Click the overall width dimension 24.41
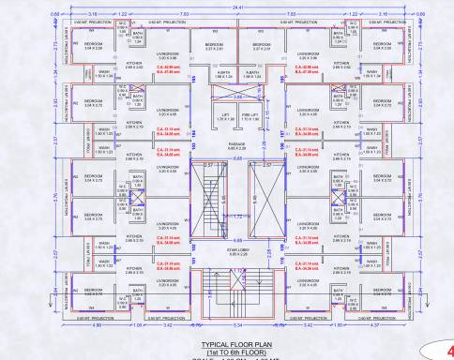227,4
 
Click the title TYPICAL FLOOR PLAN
226,344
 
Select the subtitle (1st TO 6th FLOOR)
226,352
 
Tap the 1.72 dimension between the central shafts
227,217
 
